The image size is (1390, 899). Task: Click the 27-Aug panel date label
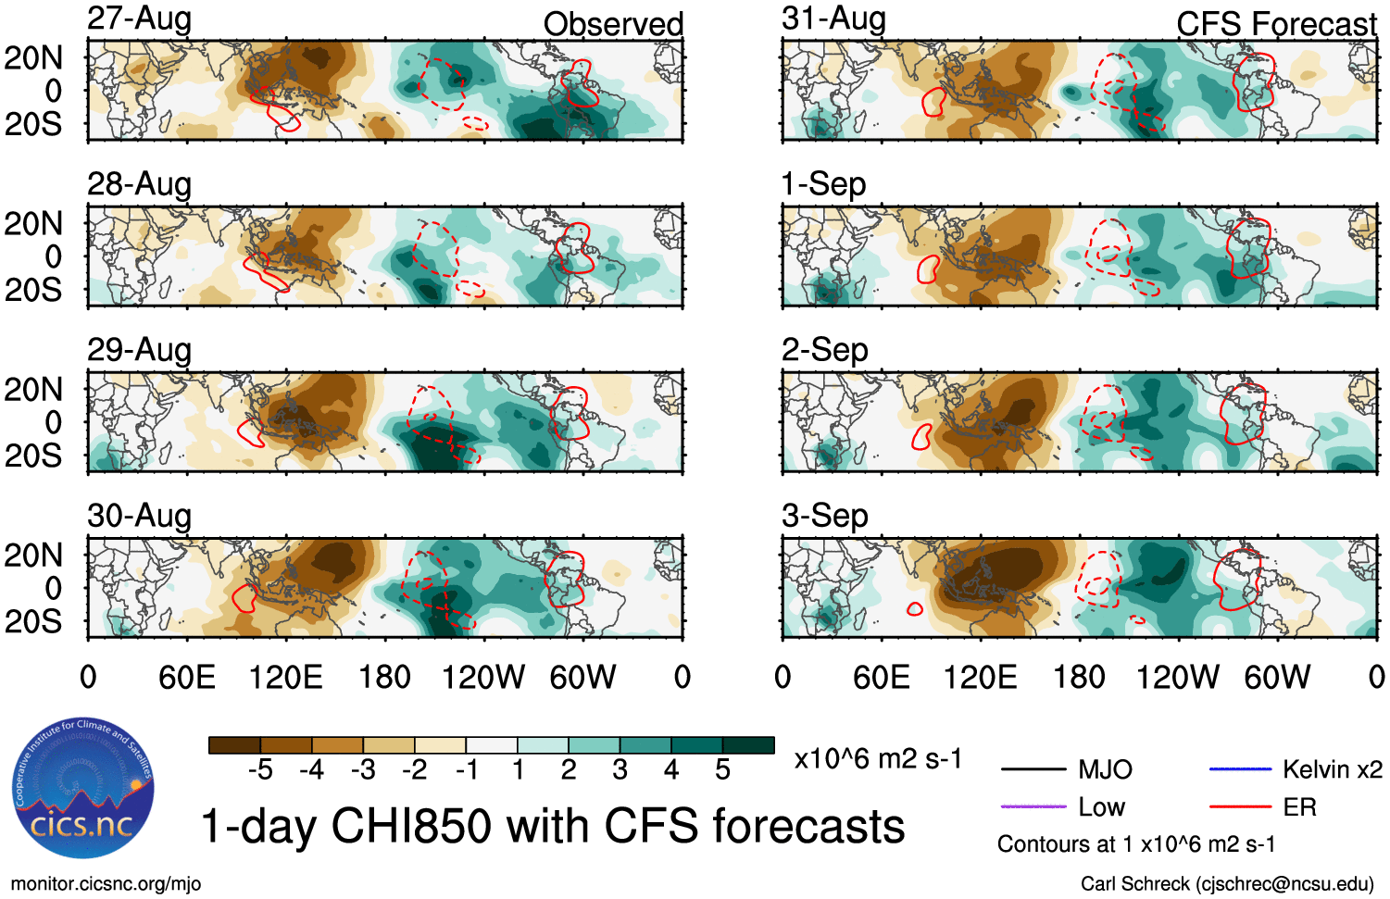(139, 19)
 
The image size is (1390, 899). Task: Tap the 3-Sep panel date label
(824, 516)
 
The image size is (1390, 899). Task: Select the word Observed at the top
(613, 24)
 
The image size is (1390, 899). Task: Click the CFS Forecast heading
(1276, 24)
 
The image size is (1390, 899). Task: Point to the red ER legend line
(1240, 807)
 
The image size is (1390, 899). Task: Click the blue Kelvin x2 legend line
(1240, 769)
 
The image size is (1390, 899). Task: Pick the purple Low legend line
(1033, 807)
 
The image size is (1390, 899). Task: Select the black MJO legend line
(1033, 769)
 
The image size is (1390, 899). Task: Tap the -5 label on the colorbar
(260, 770)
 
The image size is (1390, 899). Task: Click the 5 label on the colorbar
(723, 770)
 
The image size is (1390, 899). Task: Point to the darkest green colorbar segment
(748, 745)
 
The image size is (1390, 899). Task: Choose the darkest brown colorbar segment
(235, 745)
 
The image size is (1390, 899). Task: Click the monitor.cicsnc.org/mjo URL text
(106, 884)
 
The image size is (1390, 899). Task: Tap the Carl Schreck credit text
(1227, 884)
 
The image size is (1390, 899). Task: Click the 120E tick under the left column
(286, 678)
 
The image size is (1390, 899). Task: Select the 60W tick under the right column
(1277, 678)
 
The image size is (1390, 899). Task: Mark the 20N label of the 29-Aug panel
(33, 390)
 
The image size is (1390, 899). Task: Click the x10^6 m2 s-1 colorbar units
(878, 759)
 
